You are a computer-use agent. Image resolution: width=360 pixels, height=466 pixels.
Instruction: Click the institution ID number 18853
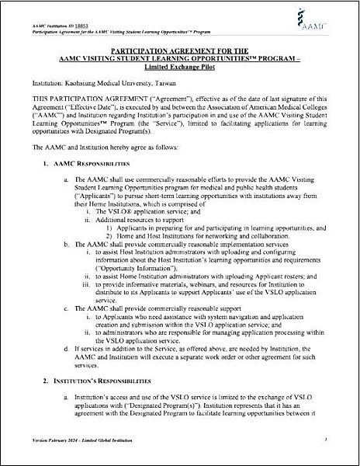(x=72, y=8)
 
